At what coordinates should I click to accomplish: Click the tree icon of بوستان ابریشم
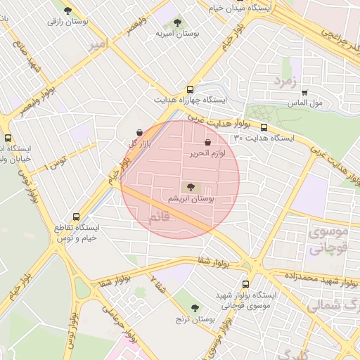[190, 187]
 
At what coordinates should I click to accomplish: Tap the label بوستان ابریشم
[191, 200]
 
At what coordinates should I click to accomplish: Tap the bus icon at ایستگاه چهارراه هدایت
[190, 89]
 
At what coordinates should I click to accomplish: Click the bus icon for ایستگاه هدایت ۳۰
[264, 127]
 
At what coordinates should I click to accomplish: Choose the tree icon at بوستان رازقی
[67, 11]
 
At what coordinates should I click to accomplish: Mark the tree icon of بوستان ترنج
[195, 307]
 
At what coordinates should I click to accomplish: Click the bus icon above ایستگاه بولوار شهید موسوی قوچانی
[245, 284]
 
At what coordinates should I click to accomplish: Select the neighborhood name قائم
[160, 217]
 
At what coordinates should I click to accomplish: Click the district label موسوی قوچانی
[328, 240]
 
